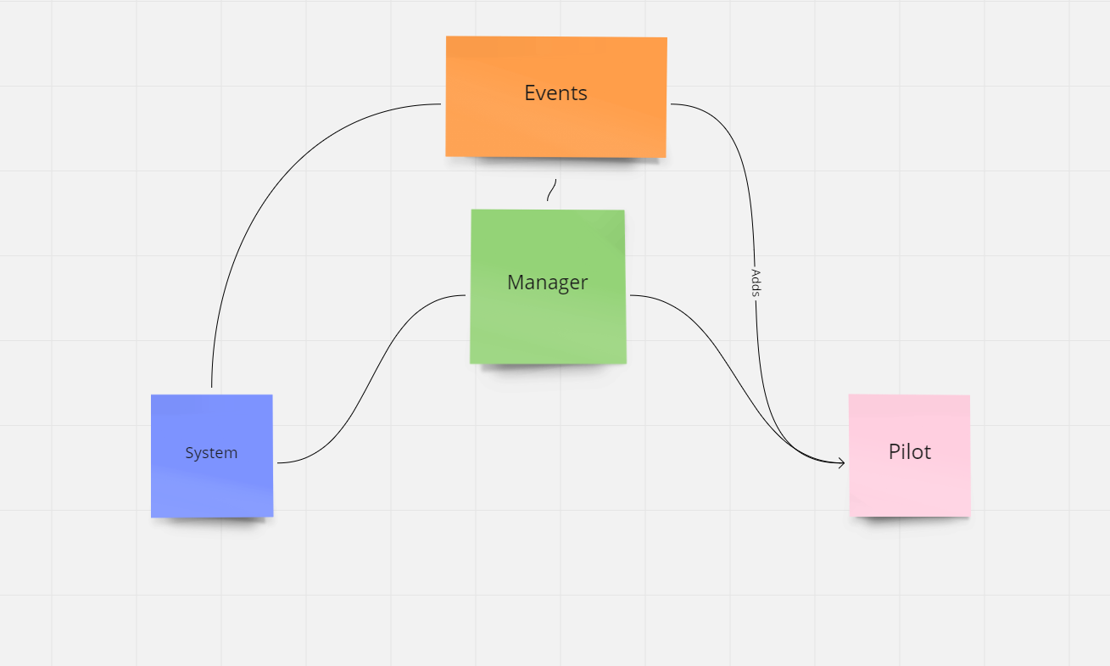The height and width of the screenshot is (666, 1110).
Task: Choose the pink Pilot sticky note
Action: click(909, 488)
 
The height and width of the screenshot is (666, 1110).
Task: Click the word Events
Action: click(555, 92)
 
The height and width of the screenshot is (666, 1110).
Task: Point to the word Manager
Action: click(547, 283)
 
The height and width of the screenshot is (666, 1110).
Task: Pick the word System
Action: click(211, 453)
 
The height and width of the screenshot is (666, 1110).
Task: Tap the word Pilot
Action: click(909, 452)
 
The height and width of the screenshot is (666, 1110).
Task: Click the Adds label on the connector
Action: click(756, 283)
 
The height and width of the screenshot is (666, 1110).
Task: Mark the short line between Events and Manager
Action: click(551, 190)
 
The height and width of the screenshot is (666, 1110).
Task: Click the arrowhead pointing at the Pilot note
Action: click(841, 462)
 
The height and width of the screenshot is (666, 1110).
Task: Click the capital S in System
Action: click(189, 453)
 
